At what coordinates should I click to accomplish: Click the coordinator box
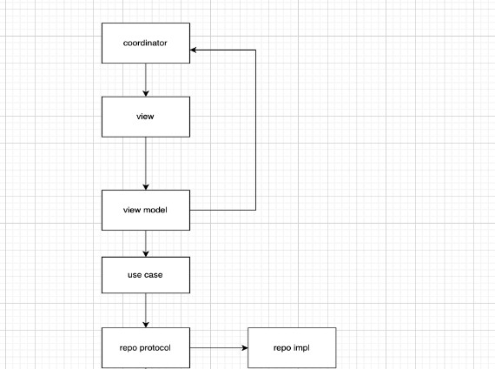pos(146,43)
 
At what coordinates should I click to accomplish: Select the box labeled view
pos(146,117)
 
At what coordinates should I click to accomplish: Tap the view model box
pos(146,210)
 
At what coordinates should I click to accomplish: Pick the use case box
pos(146,275)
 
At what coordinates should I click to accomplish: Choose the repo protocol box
pos(146,348)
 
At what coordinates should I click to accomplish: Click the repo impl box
pos(292,348)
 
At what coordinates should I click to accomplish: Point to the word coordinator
pos(145,43)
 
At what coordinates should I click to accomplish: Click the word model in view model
pos(155,210)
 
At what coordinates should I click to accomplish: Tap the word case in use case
pos(154,275)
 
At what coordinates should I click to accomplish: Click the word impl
pos(301,348)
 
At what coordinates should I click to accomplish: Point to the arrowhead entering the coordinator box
pos(193,50)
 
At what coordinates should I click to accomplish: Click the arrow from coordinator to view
pos(146,80)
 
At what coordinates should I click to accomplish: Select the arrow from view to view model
pos(146,164)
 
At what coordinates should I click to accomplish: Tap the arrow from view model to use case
pos(146,244)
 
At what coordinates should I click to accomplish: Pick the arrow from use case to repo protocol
pos(146,311)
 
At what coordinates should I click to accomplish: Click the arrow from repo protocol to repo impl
pos(219,348)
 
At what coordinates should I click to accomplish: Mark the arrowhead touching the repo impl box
pos(245,348)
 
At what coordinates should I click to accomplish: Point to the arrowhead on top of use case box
pos(146,253)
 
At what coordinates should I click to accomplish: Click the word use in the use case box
pos(135,275)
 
